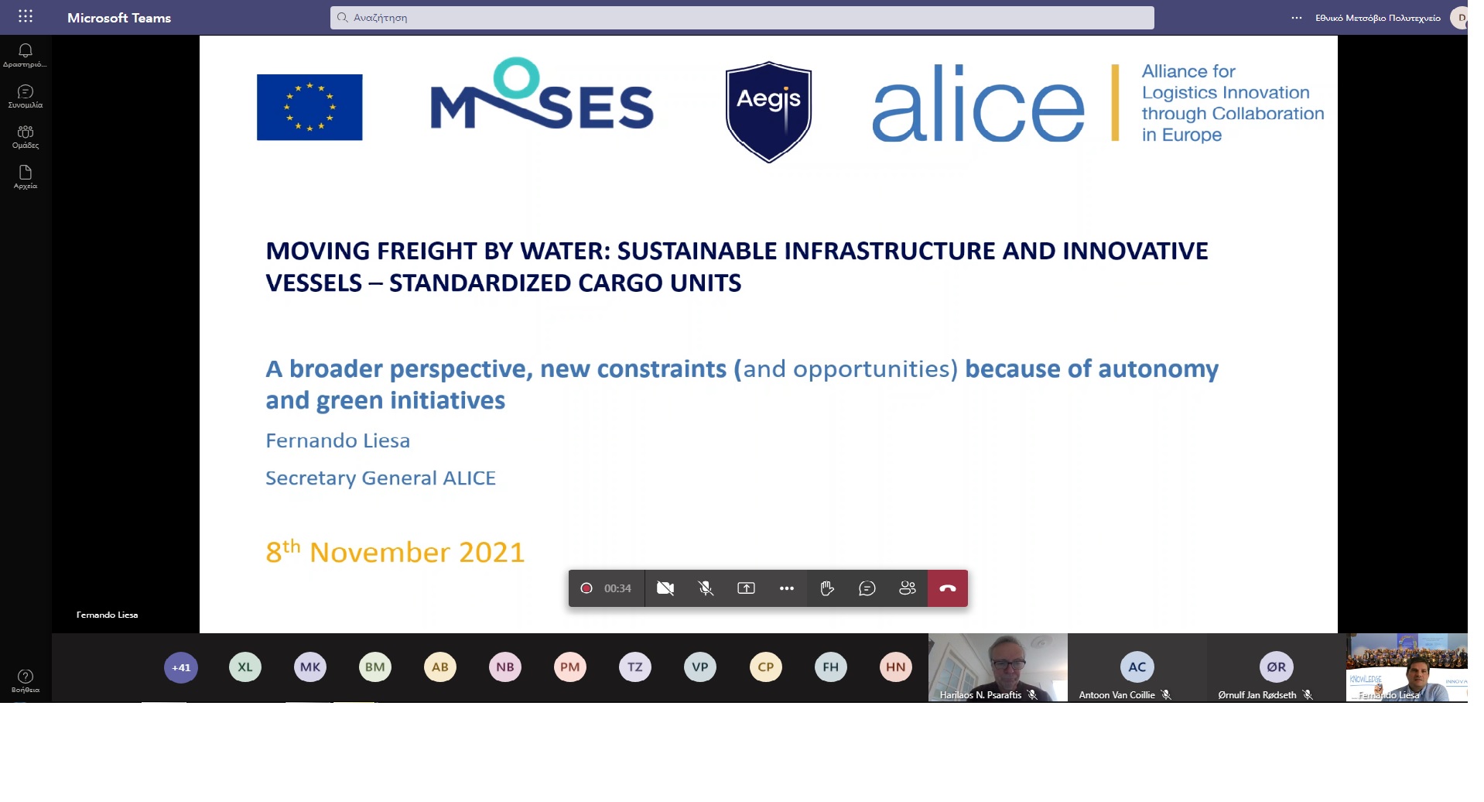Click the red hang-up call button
[x=948, y=588]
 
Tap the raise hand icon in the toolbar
[x=827, y=588]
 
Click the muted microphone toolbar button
[x=706, y=588]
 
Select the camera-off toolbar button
[x=665, y=588]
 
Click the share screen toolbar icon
[x=746, y=588]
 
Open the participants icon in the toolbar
[x=908, y=588]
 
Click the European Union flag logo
[x=309, y=107]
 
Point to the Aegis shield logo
[x=768, y=111]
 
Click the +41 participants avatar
[x=181, y=667]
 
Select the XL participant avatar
[x=245, y=667]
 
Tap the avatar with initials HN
[x=896, y=667]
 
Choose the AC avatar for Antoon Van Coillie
[x=1137, y=667]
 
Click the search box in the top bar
[x=742, y=18]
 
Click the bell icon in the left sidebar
[x=26, y=50]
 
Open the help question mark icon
[x=26, y=676]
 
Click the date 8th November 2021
[x=395, y=551]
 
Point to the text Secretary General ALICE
[x=381, y=478]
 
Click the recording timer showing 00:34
[x=617, y=588]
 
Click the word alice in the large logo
[x=979, y=104]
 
